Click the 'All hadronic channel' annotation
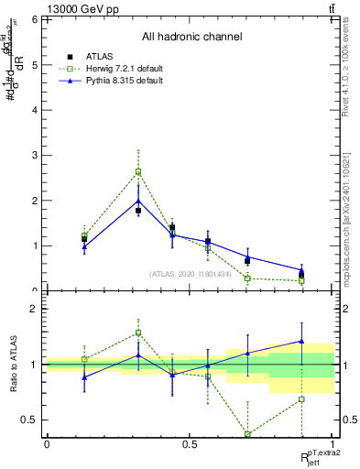tap(191, 38)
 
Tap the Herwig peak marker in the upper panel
tap(138, 171)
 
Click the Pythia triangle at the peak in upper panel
tap(138, 201)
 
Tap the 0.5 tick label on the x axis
tap(190, 444)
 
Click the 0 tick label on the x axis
tap(47, 444)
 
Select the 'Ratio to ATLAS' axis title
tap(12, 365)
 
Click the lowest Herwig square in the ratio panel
tap(247, 434)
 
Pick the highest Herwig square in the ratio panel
tap(138, 333)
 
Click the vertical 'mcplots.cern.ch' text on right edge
tap(352, 229)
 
